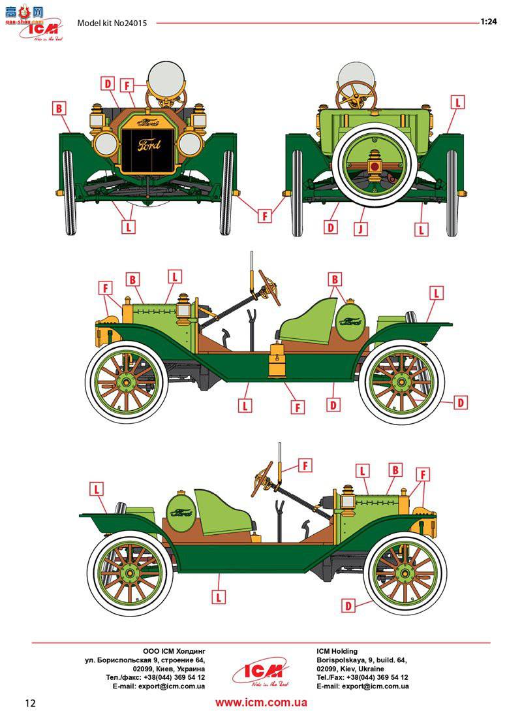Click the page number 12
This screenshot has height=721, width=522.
click(29, 703)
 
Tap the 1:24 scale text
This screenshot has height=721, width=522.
click(489, 22)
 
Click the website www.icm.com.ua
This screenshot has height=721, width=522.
click(261, 703)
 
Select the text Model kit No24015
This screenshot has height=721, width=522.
click(112, 23)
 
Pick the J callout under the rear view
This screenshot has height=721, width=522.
click(358, 229)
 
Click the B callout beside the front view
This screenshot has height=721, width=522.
click(59, 108)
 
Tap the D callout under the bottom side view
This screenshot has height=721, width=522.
click(348, 605)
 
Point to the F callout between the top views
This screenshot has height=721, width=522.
click(264, 216)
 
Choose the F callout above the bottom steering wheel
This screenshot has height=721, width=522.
click(305, 465)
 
